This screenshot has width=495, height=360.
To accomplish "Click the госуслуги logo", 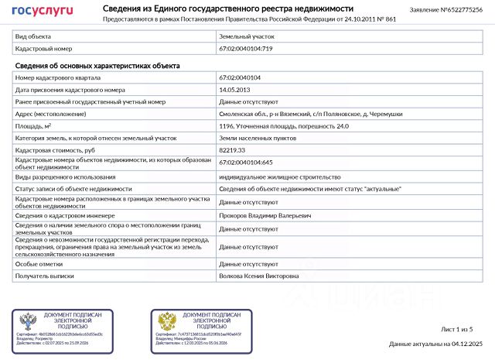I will pos(42,10).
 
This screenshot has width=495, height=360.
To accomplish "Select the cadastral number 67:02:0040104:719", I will pos(246,48).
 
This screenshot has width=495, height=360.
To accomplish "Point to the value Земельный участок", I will pos(247,36).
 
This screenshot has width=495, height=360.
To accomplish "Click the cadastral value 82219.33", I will pos(232,149).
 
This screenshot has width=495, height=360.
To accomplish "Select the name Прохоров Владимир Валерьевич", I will pos(265,216).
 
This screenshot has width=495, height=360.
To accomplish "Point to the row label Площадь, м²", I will pos(33,125).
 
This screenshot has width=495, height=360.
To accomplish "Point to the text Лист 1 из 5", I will pos(456,330).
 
